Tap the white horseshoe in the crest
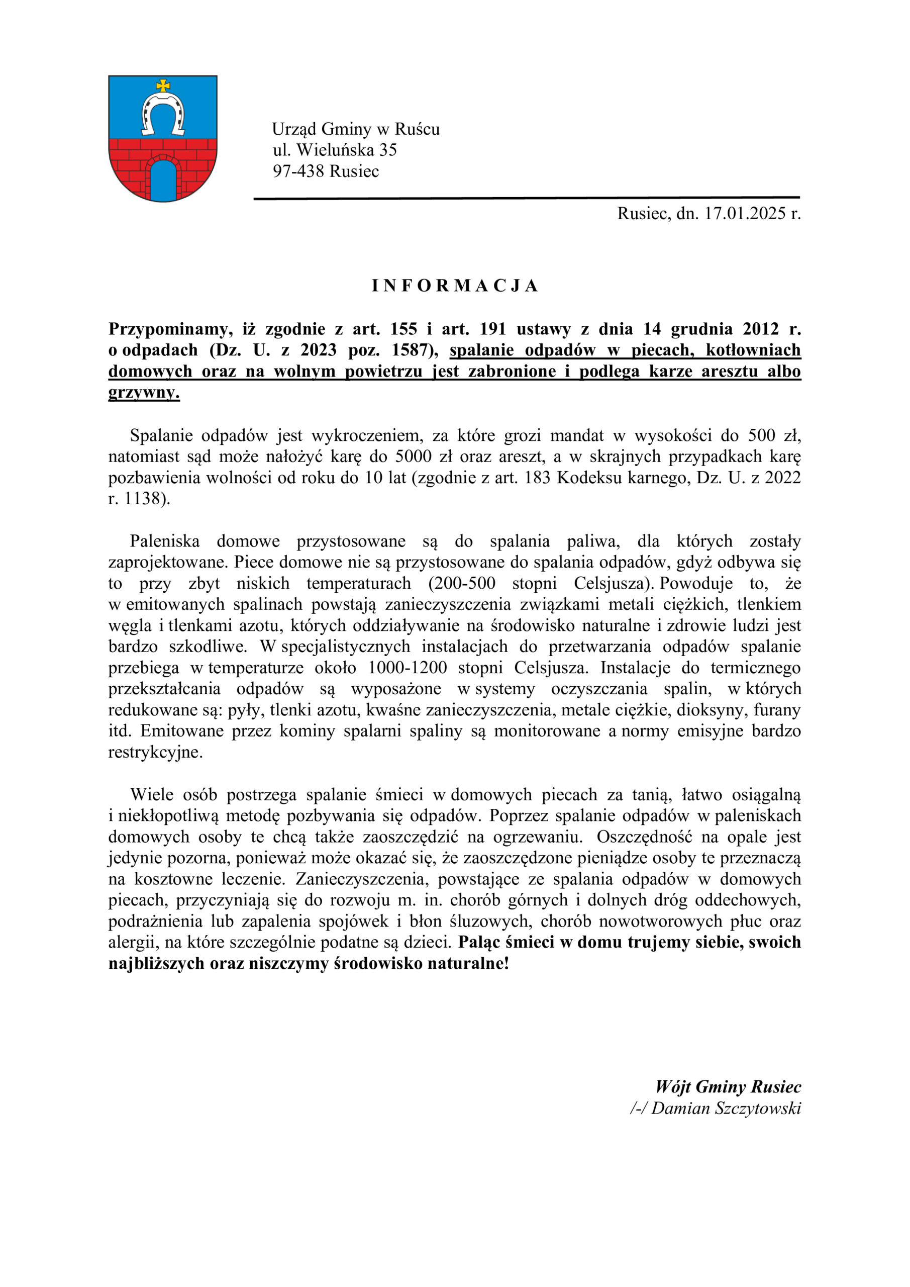(163, 115)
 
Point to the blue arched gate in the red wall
(163, 180)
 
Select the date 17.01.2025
(745, 214)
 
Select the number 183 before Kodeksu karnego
(538, 478)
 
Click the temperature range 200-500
(462, 584)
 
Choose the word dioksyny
(710, 710)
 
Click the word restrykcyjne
(155, 752)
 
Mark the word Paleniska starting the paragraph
(165, 541)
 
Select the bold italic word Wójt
(672, 1087)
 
